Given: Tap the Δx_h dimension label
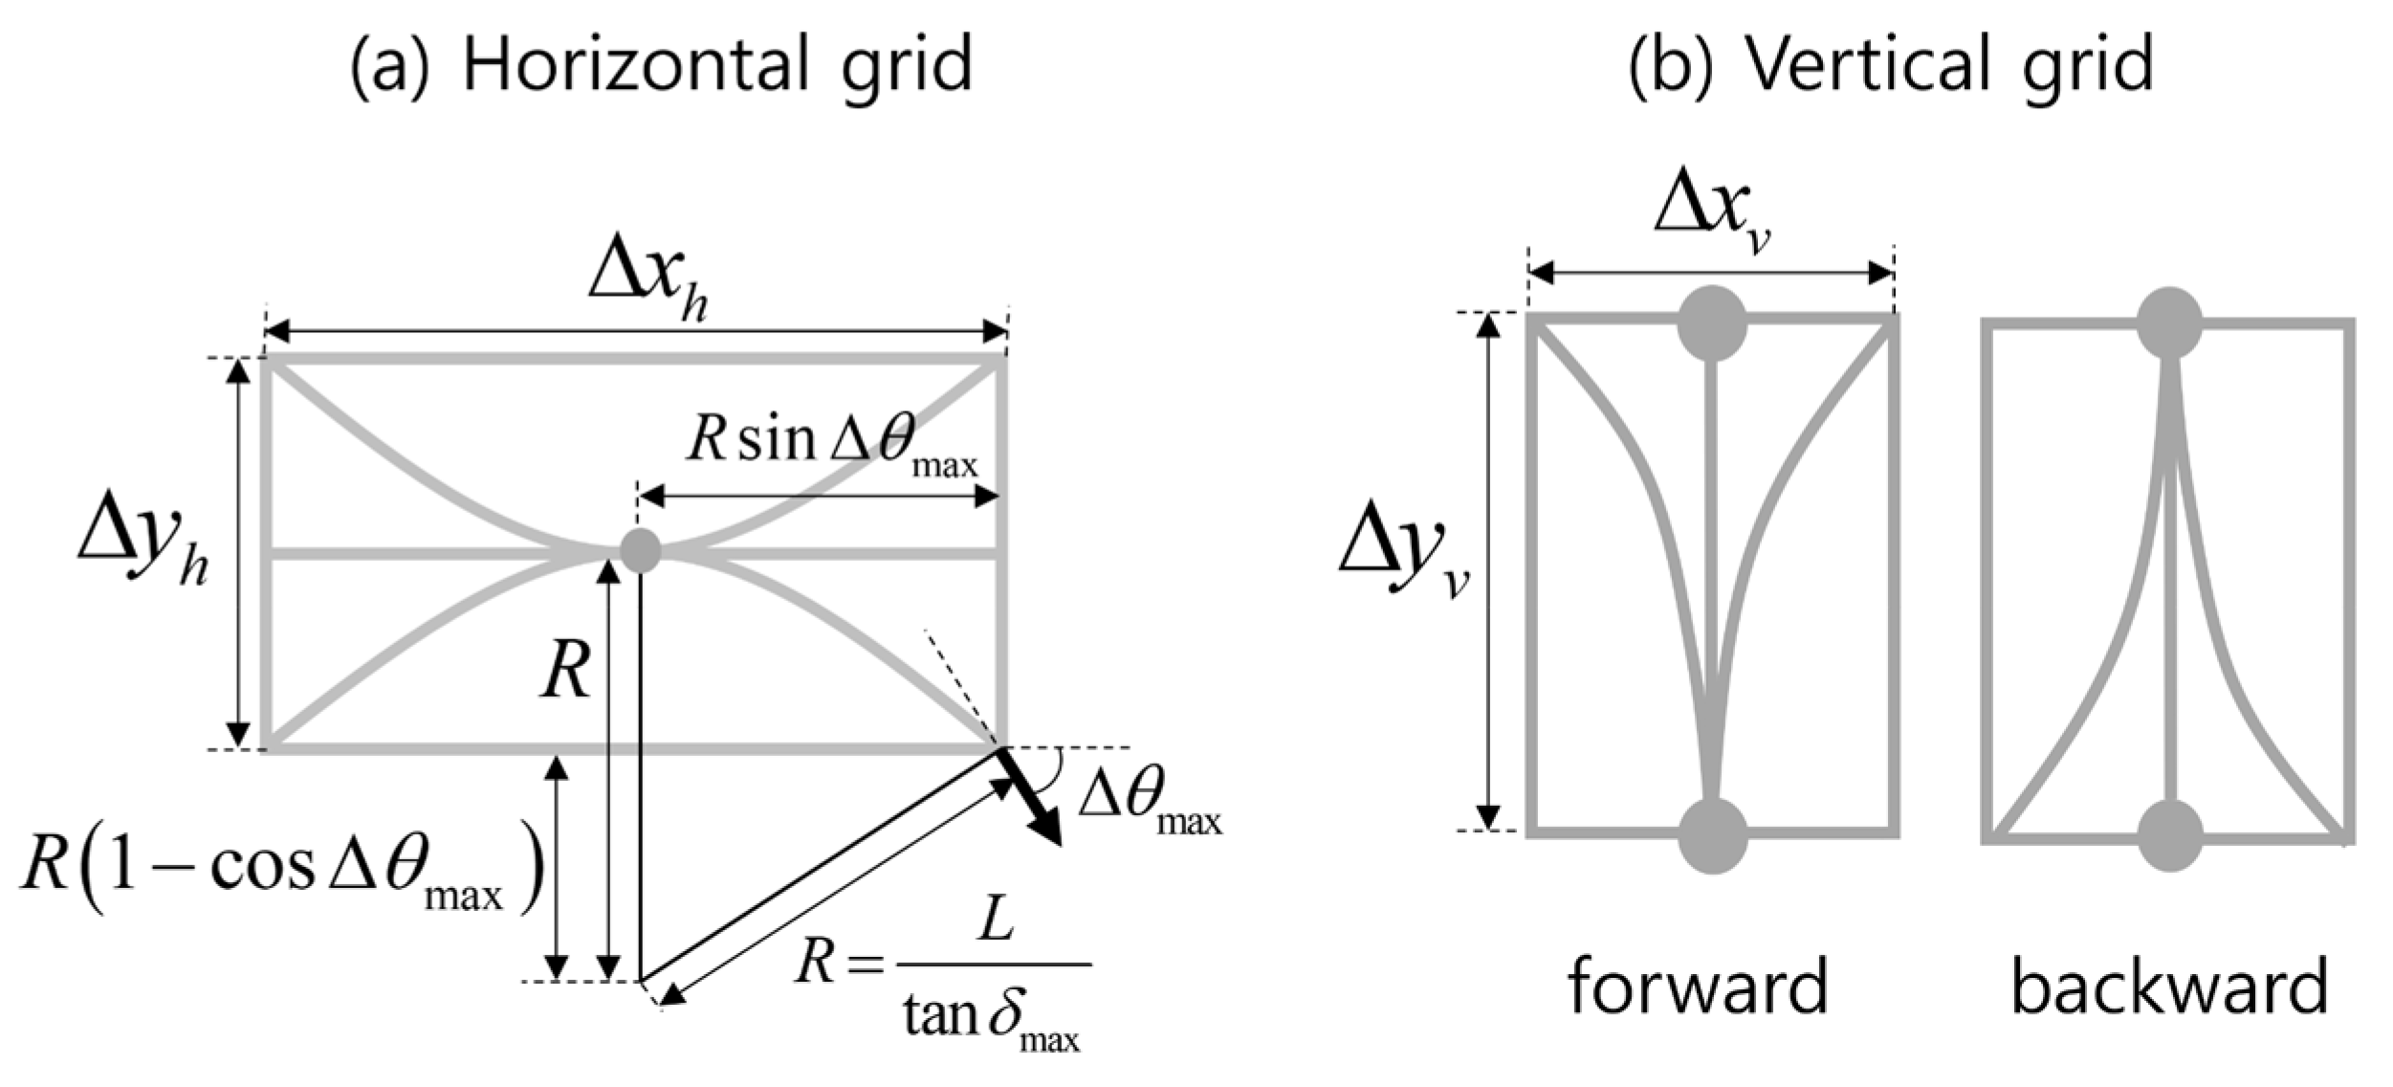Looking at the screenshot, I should [x=648, y=285].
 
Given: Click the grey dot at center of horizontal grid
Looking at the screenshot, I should [x=640, y=550].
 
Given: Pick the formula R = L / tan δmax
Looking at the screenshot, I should [x=942, y=975].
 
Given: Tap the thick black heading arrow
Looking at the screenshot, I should [x=1031, y=797].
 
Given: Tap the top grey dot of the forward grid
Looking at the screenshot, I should [x=1712, y=323].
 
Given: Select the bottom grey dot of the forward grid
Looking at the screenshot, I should [x=1712, y=835].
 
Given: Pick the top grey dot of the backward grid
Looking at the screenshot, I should [x=2169, y=323].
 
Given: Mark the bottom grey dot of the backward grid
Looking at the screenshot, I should [x=2169, y=835].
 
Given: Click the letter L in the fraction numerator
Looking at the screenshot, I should [x=995, y=923].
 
